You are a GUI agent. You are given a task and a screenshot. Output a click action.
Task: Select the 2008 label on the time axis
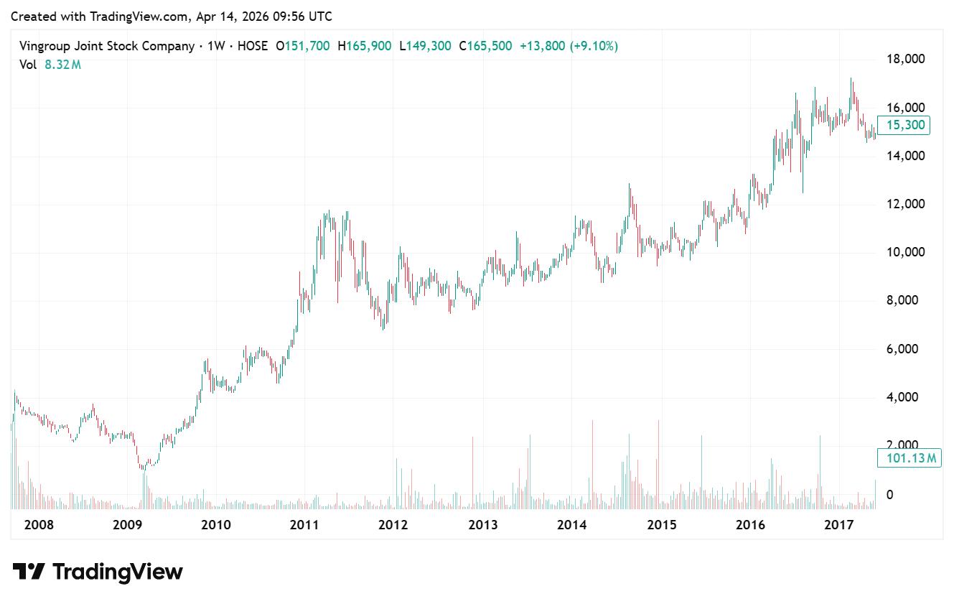[x=39, y=525]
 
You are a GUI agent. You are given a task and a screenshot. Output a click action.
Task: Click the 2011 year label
[x=304, y=525]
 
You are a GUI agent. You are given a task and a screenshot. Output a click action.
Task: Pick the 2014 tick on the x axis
[x=572, y=525]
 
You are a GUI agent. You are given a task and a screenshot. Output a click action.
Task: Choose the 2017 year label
[x=838, y=525]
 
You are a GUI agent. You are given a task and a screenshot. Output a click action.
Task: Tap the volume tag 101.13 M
[x=908, y=457]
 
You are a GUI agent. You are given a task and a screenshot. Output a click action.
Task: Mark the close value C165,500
[x=485, y=46]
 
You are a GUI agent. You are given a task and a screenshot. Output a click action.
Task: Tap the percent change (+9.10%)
[x=594, y=46]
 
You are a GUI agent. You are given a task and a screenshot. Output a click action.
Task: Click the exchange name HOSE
[x=252, y=46]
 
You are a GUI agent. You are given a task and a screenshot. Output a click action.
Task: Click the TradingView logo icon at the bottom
[x=29, y=572]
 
